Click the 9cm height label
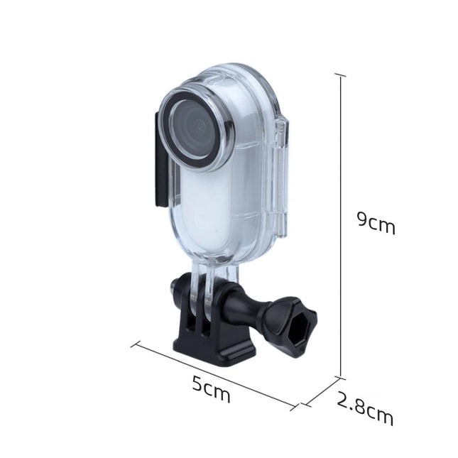pos(376,223)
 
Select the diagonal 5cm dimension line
pos(213,373)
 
